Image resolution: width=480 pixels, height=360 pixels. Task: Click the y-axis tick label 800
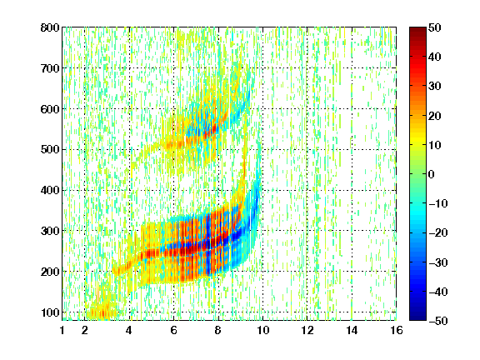tap(50, 27)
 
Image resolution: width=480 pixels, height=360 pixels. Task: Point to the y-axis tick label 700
tap(50, 68)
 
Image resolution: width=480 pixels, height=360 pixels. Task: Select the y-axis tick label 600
tap(50, 109)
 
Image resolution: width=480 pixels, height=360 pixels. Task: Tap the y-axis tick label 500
tap(50, 150)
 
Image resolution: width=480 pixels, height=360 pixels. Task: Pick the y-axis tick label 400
tap(50, 190)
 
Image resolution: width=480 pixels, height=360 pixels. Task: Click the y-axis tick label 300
tap(50, 231)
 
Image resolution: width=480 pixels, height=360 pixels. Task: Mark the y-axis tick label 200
tap(50, 272)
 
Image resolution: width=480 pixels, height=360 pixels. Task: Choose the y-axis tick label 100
tap(50, 312)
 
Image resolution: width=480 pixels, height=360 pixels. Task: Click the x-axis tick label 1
tap(62, 330)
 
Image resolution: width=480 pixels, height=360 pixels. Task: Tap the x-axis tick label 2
tap(85, 330)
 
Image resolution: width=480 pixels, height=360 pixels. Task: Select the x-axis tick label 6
tap(174, 330)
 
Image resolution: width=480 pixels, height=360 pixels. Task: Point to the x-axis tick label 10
tap(262, 330)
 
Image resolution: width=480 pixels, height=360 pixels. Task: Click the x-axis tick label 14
tap(352, 330)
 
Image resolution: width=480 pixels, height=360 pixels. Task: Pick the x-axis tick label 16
tap(397, 330)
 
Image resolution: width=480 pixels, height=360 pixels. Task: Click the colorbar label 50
tap(435, 27)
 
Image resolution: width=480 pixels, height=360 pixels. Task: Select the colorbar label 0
tap(432, 174)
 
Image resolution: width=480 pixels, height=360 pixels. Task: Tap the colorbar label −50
tap(438, 321)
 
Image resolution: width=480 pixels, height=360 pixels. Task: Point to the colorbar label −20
tap(438, 233)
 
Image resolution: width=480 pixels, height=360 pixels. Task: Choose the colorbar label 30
tap(435, 87)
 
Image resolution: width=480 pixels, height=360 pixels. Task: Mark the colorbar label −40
tap(438, 292)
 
